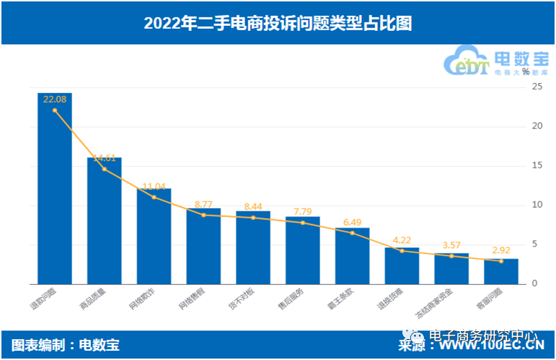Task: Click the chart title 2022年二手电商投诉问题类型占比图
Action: pos(278,23)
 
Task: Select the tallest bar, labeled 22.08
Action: pos(55,188)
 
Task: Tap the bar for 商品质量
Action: pos(105,220)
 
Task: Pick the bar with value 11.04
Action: pos(154,236)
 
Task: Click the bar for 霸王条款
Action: pos(352,255)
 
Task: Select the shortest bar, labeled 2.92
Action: pos(500,271)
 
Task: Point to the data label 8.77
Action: pos(203,204)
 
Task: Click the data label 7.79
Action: pos(302,211)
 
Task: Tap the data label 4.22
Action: pos(401,240)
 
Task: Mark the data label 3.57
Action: pos(451,245)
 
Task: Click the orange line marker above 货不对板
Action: pos(253,217)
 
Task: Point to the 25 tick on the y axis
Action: pos(536,87)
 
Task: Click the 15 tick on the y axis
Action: pos(536,166)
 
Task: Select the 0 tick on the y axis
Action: pos(536,284)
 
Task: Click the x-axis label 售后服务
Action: pos(295,299)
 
